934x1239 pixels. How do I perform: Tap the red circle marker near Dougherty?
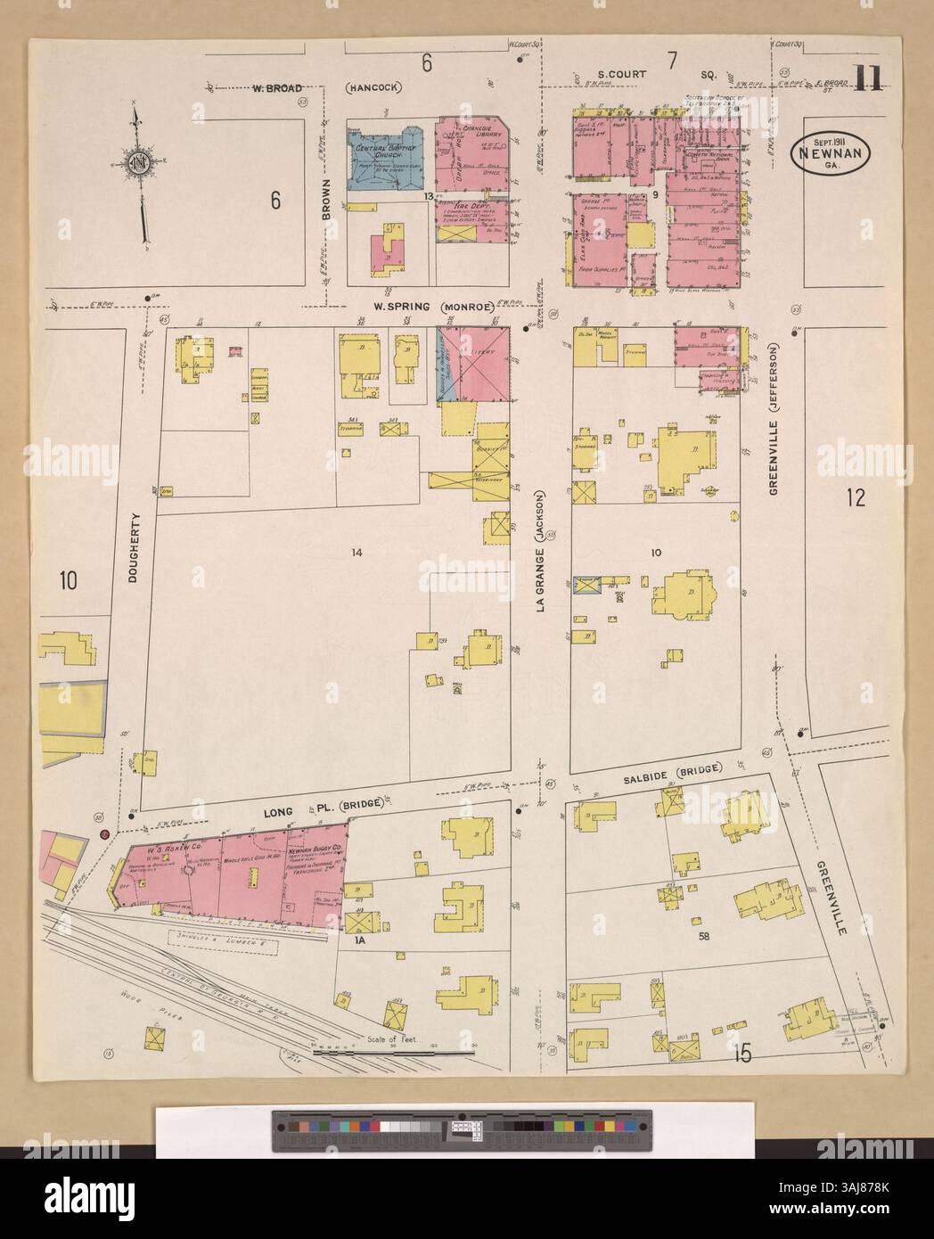(104, 834)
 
